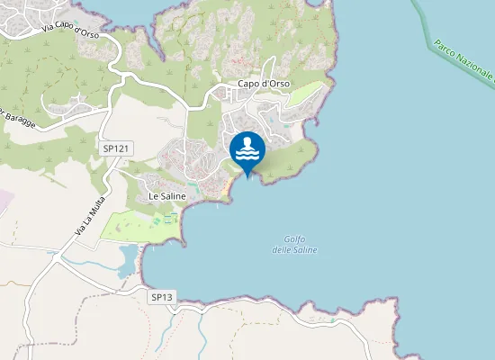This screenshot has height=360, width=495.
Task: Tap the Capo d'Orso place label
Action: point(262,84)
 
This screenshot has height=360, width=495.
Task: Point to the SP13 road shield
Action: point(161,296)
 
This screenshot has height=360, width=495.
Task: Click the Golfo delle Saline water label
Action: point(294,244)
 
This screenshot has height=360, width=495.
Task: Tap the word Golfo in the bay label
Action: point(294,238)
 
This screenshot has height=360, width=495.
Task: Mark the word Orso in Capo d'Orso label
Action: point(275,84)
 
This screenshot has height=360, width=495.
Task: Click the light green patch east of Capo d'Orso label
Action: point(306,94)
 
